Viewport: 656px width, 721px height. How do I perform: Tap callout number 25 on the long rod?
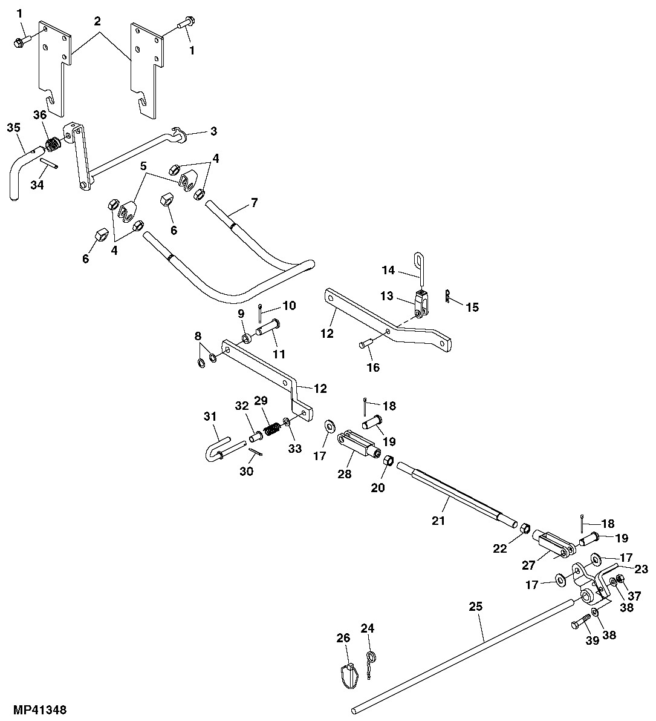click(x=478, y=607)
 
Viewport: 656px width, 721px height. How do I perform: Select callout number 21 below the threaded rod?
click(x=438, y=519)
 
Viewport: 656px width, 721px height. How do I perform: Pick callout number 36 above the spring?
click(x=39, y=115)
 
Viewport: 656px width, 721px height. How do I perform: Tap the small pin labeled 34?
click(x=50, y=164)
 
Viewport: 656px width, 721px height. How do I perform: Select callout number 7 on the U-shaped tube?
click(x=254, y=202)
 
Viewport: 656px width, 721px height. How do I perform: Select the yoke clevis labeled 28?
click(x=357, y=444)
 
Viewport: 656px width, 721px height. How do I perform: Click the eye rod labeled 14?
click(x=418, y=269)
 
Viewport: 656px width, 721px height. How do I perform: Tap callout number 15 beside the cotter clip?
click(x=472, y=307)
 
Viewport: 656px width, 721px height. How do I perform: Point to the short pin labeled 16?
click(x=365, y=344)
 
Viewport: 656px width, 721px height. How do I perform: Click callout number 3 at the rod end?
click(x=213, y=131)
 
